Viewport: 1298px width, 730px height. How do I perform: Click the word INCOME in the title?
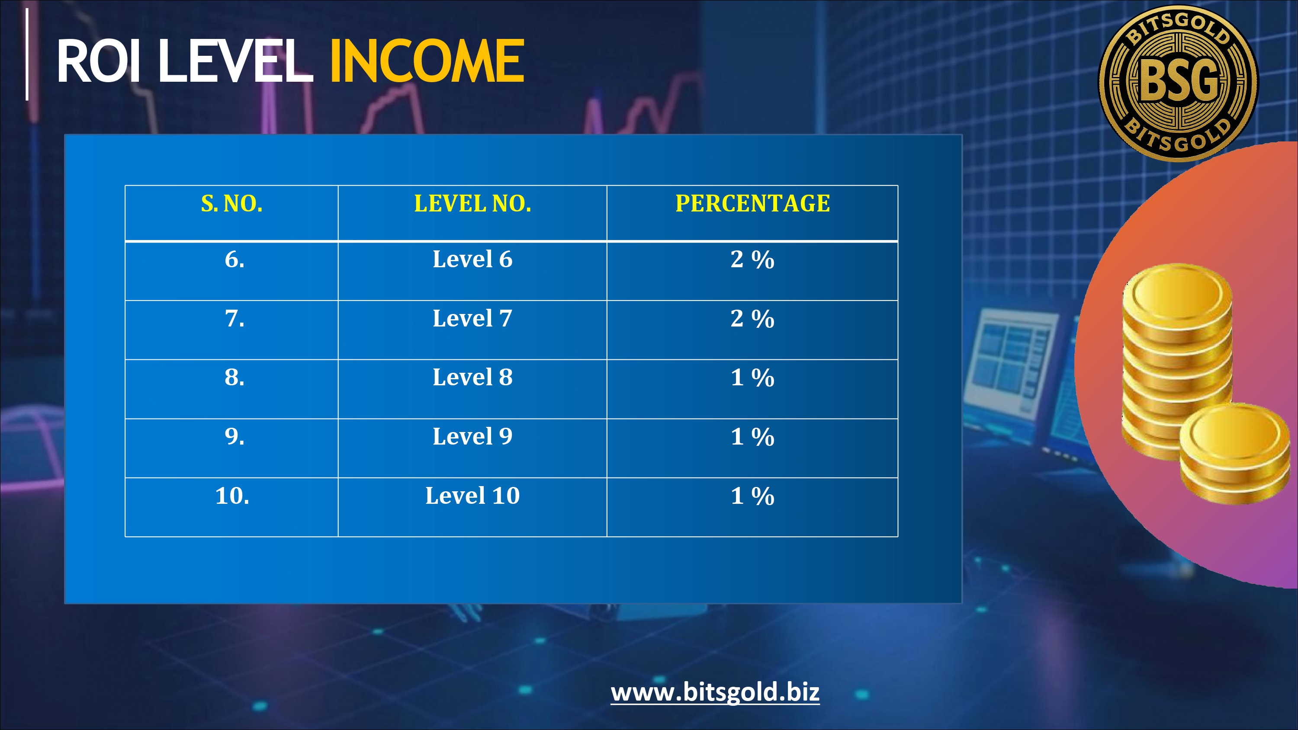pyautogui.click(x=427, y=61)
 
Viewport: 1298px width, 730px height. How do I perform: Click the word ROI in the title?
pyautogui.click(x=98, y=61)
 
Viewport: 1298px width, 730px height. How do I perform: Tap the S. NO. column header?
pyautogui.click(x=232, y=204)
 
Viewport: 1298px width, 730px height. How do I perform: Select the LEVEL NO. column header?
pyautogui.click(x=472, y=204)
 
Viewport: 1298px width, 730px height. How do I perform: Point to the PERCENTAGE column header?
pyautogui.click(x=752, y=204)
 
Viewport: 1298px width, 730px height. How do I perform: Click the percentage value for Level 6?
pyautogui.click(x=752, y=259)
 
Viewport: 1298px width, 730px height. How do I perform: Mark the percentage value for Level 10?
pyautogui.click(x=752, y=496)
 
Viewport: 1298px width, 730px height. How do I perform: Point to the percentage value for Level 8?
pyautogui.click(x=752, y=378)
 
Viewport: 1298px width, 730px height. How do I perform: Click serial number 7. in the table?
pyautogui.click(x=235, y=318)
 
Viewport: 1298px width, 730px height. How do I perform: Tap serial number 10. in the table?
pyautogui.click(x=232, y=495)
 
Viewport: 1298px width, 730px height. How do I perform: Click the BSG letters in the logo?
pyautogui.click(x=1179, y=79)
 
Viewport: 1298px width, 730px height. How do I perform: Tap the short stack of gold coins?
pyautogui.click(x=1234, y=453)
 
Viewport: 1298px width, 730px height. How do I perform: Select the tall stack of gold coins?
pyautogui.click(x=1176, y=360)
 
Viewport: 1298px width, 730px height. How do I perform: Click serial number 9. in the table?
pyautogui.click(x=235, y=436)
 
